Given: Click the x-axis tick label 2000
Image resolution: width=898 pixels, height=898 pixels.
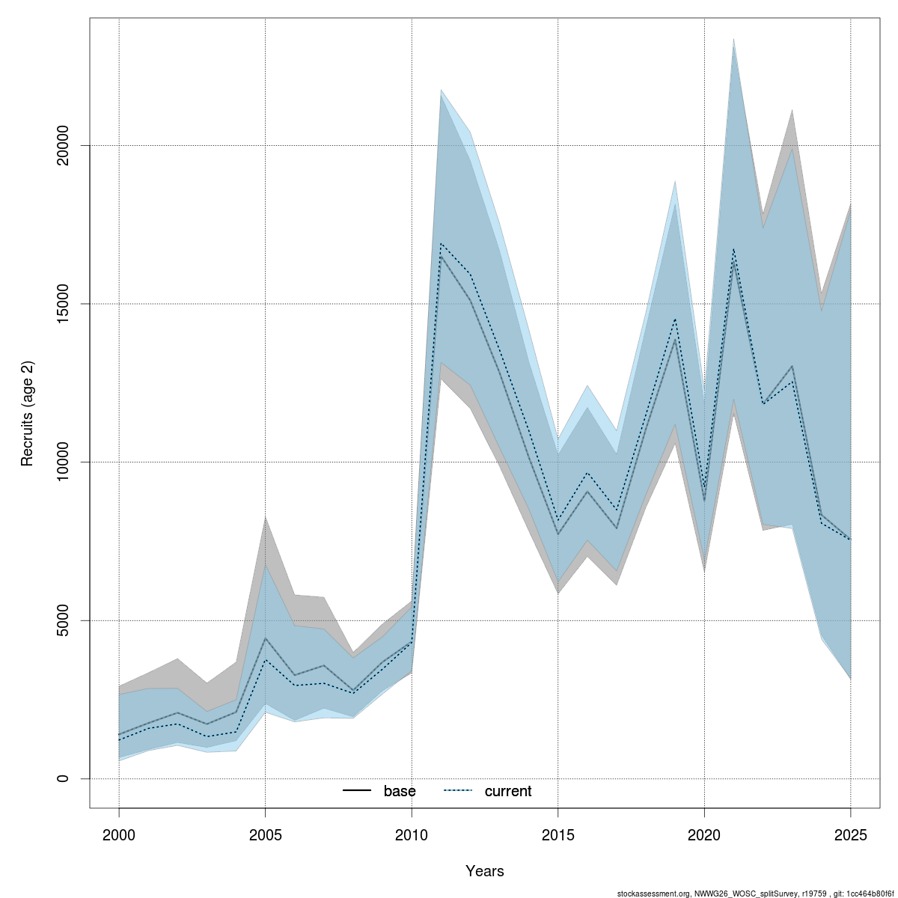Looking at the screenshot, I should click(x=119, y=834).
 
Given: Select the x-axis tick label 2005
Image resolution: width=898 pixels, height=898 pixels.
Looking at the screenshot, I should click(x=266, y=834).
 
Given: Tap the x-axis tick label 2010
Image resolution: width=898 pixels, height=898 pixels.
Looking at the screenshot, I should click(x=412, y=834).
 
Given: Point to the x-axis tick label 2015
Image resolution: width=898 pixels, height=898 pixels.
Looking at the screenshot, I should click(x=558, y=834).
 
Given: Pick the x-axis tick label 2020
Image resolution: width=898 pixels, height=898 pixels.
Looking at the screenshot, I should click(x=704, y=834).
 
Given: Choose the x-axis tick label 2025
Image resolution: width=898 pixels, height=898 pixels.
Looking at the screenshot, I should click(x=851, y=834).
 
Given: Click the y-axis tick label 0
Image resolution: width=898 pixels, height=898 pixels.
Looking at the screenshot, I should click(x=63, y=778).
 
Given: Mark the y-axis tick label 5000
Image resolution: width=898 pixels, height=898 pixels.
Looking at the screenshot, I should click(x=63, y=620).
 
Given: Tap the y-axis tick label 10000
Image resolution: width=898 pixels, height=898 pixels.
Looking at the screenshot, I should click(x=63, y=462).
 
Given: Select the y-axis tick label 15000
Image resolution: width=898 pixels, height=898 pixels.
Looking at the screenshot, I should click(x=63, y=304).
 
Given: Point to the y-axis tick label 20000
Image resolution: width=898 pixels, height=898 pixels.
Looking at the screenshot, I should click(x=63, y=145).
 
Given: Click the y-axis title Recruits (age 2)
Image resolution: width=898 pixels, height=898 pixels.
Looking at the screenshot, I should click(x=28, y=414).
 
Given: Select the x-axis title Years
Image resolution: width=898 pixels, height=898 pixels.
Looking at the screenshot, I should click(x=485, y=871).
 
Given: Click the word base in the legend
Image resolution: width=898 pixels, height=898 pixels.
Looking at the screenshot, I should click(x=400, y=791).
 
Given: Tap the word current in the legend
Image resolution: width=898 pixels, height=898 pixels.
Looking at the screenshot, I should click(x=508, y=791).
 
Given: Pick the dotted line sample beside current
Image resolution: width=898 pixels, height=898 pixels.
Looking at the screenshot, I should click(x=459, y=791).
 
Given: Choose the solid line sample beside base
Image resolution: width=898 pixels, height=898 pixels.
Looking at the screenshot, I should click(x=358, y=791).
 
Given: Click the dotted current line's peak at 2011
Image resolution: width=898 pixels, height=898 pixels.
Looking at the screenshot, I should click(x=442, y=244).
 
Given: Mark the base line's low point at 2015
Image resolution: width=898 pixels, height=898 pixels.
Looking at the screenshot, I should click(x=558, y=534).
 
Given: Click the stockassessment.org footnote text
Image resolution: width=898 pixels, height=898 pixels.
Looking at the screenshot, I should click(x=755, y=894).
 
